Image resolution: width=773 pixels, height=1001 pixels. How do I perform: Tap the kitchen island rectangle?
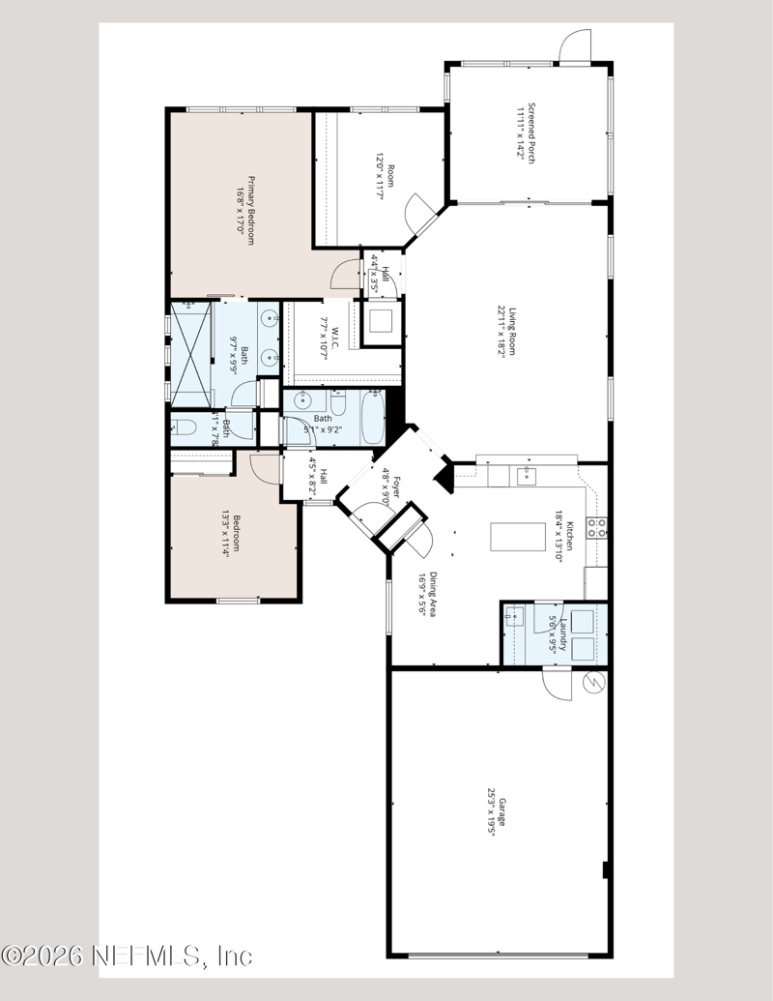(513, 536)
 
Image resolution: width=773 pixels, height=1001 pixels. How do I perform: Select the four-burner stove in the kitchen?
(598, 528)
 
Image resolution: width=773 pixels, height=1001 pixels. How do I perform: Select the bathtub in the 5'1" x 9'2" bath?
(371, 418)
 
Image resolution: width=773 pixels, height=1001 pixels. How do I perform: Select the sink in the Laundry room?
(516, 617)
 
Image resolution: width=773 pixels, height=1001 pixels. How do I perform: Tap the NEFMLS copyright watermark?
(126, 957)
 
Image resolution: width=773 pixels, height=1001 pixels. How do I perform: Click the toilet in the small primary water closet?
(186, 426)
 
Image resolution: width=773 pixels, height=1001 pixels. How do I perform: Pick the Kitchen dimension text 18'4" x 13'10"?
(558, 531)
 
